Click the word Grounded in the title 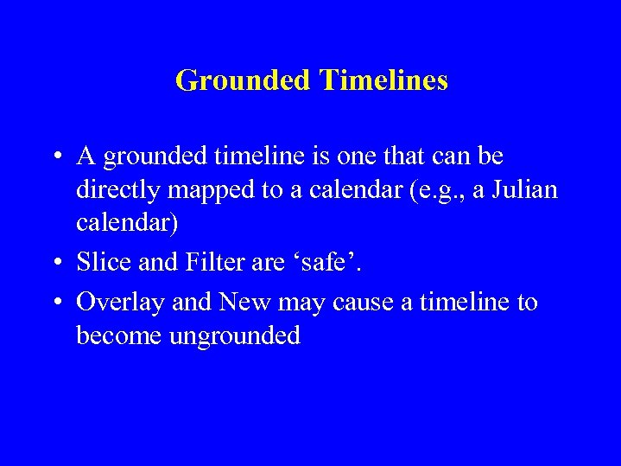click(x=242, y=80)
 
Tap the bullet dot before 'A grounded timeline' click(x=55, y=157)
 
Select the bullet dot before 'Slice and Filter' click(x=55, y=261)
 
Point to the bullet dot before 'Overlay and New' click(x=55, y=303)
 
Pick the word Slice click(x=99, y=260)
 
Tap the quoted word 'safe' click(x=323, y=260)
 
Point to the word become click(x=119, y=335)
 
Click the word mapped click(x=219, y=190)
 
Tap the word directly click(x=121, y=190)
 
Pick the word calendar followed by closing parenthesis click(x=127, y=222)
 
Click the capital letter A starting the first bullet click(x=86, y=156)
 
